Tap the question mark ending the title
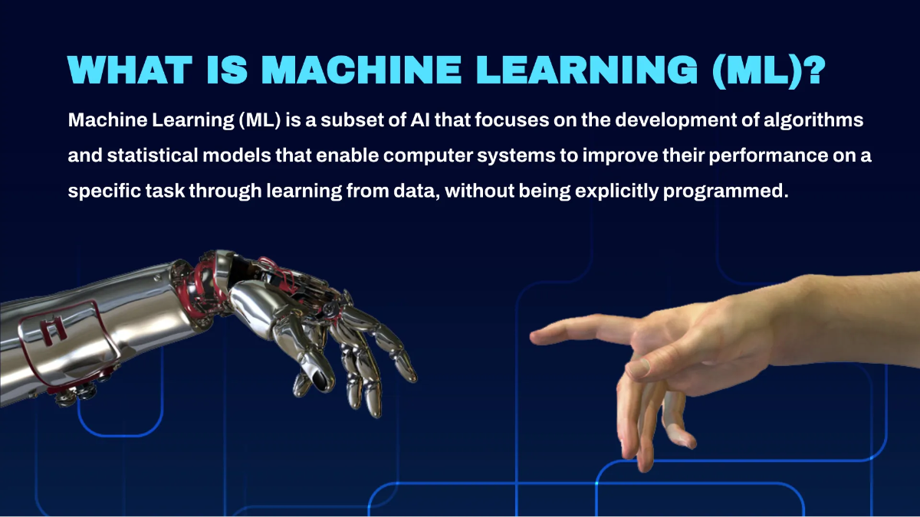pyautogui.click(x=812, y=71)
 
